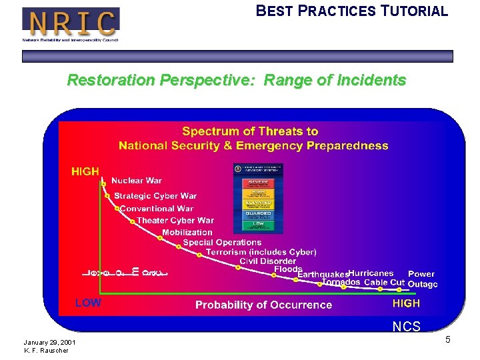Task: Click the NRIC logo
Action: (x=71, y=24)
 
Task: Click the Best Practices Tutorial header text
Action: (x=352, y=11)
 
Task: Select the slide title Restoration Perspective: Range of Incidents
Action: (x=237, y=81)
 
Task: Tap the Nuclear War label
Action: (x=136, y=181)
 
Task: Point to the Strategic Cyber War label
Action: (x=155, y=196)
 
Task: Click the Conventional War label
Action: (x=157, y=209)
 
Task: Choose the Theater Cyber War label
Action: (x=175, y=221)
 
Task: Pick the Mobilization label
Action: (x=187, y=233)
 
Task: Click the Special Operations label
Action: (x=222, y=243)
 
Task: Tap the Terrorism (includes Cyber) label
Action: (x=261, y=252)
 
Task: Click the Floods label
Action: (x=288, y=269)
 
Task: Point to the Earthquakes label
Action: (x=323, y=275)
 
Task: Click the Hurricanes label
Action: (x=371, y=273)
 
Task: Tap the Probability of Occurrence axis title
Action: (x=263, y=305)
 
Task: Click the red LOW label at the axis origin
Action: (x=88, y=303)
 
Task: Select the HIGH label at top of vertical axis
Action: (x=85, y=172)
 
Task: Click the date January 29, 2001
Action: (x=49, y=343)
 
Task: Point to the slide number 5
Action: (x=448, y=340)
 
